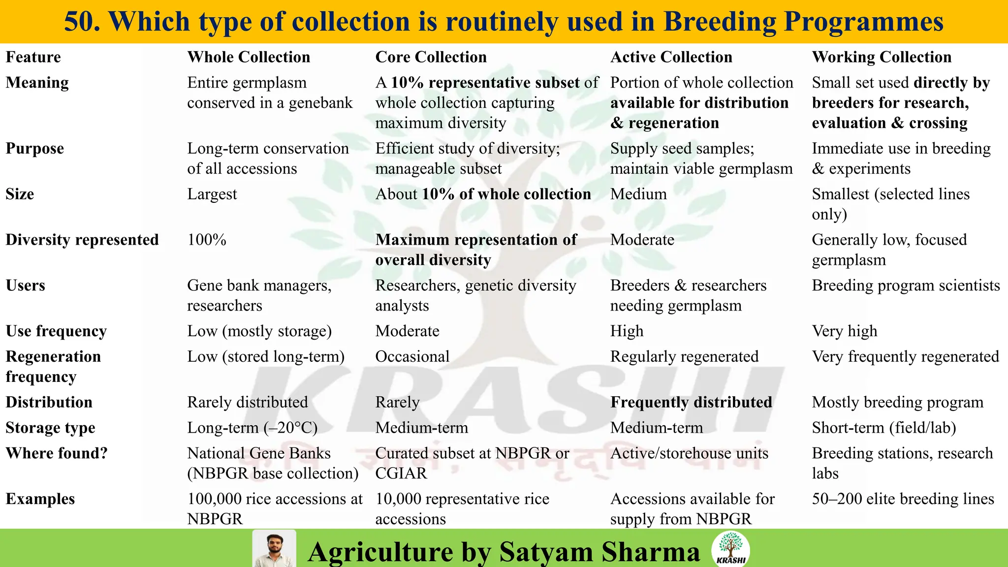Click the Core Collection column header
pyautogui.click(x=431, y=57)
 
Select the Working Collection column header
pyautogui.click(x=882, y=57)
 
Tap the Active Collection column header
pyautogui.click(x=671, y=57)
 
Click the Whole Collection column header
pyautogui.click(x=249, y=57)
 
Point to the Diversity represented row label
pyautogui.click(x=82, y=240)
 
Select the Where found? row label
pyautogui.click(x=57, y=453)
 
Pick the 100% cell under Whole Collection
pyautogui.click(x=207, y=240)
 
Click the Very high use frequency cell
pyautogui.click(x=844, y=331)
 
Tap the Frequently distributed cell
pyautogui.click(x=691, y=402)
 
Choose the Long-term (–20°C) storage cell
pyautogui.click(x=252, y=428)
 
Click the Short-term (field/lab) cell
pyautogui.click(x=883, y=428)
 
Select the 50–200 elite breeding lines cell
pyautogui.click(x=903, y=499)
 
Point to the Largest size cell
pyautogui.click(x=212, y=194)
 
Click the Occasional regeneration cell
pyautogui.click(x=412, y=356)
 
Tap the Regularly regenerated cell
pyautogui.click(x=684, y=356)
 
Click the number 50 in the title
pyautogui.click(x=81, y=22)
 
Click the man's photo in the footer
pyautogui.click(x=274, y=549)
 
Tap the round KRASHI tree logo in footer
pyautogui.click(x=731, y=549)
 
